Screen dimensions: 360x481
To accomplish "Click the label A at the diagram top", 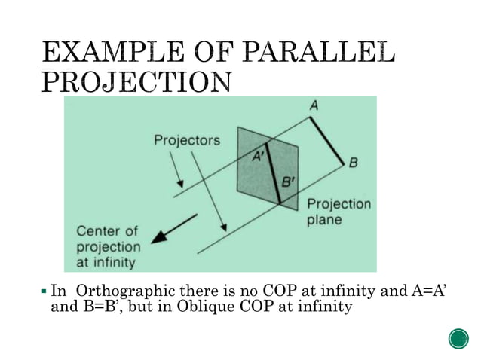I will pyautogui.click(x=311, y=107).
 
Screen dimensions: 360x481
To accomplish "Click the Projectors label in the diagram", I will pyautogui.click(x=187, y=140).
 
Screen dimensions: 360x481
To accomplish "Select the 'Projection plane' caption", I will pyautogui.click(x=338, y=212).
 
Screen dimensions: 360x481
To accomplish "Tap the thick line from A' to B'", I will pyautogui.click(x=272, y=173).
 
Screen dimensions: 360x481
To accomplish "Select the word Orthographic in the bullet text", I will pyautogui.click(x=125, y=291).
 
